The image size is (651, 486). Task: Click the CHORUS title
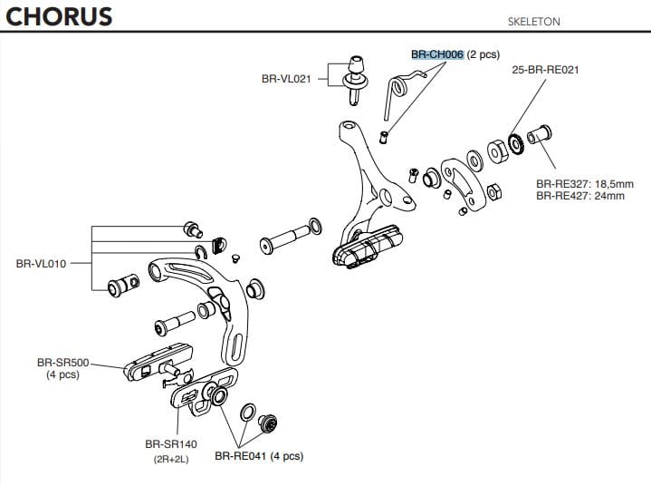tap(57, 17)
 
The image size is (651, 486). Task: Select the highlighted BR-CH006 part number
tap(437, 55)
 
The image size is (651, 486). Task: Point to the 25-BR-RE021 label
tap(545, 70)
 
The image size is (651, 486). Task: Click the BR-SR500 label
tap(61, 362)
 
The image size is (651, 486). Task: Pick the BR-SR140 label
tap(170, 444)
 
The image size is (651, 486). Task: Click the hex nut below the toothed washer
tap(496, 192)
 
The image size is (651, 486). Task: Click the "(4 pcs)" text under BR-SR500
tap(62, 374)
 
